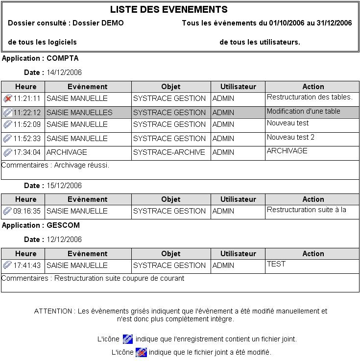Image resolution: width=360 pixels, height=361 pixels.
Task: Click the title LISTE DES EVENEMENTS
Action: (x=168, y=10)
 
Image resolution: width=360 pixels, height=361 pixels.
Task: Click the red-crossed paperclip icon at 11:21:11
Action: (x=7, y=98)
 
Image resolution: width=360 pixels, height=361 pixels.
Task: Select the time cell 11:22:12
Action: (x=27, y=113)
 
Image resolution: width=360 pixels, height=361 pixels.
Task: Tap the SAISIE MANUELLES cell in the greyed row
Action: (x=79, y=113)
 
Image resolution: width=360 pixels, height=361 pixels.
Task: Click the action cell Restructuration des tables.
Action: (x=310, y=97)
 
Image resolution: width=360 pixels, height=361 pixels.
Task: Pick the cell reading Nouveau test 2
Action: (x=291, y=137)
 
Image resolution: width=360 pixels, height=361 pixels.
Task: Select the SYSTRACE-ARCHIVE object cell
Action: (x=169, y=152)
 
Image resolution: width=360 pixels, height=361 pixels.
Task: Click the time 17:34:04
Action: (x=27, y=152)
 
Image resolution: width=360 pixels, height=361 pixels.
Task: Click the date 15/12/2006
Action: (x=64, y=186)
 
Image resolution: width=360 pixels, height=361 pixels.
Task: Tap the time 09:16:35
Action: (x=27, y=211)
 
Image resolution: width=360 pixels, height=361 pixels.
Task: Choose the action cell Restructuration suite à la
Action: (x=307, y=210)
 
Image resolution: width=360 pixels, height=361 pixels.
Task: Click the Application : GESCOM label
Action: (x=41, y=225)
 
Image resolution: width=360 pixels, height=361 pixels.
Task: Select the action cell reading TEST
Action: (x=276, y=264)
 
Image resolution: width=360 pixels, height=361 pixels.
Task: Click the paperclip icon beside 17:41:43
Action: (x=7, y=265)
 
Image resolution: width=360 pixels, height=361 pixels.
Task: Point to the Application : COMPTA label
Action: (x=40, y=58)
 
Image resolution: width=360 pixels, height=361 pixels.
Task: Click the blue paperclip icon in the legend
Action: (x=128, y=338)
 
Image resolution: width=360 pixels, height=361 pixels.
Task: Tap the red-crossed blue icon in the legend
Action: (x=141, y=352)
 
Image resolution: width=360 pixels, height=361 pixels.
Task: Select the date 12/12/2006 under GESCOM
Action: (x=64, y=240)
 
